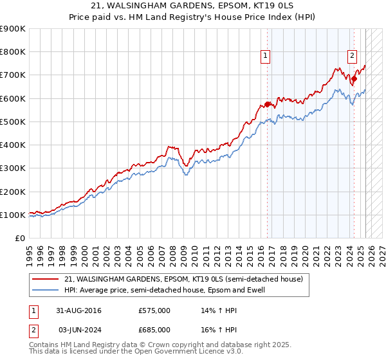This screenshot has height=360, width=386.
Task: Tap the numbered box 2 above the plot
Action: [353, 56]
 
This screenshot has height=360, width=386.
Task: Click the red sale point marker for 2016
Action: [267, 104]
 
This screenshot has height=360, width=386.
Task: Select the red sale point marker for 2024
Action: [354, 78]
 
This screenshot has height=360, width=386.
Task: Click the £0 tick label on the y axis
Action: [19, 238]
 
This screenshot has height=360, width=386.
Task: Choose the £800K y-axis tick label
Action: [13, 52]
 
